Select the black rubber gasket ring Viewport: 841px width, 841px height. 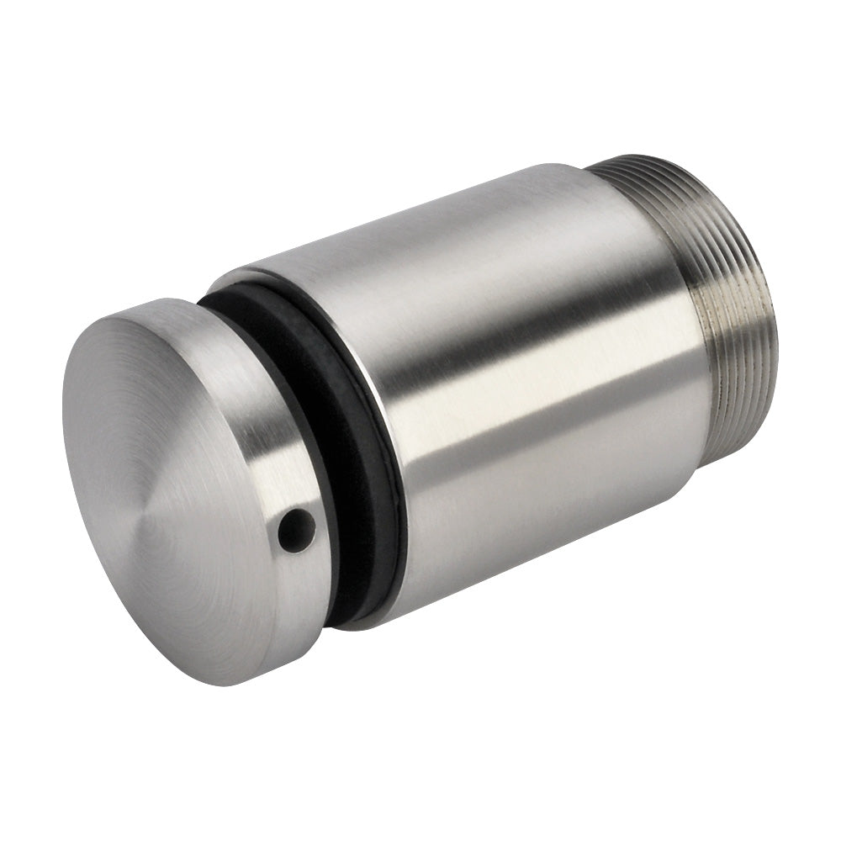[x=353, y=471]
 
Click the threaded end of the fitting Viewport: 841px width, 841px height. [x=732, y=336]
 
